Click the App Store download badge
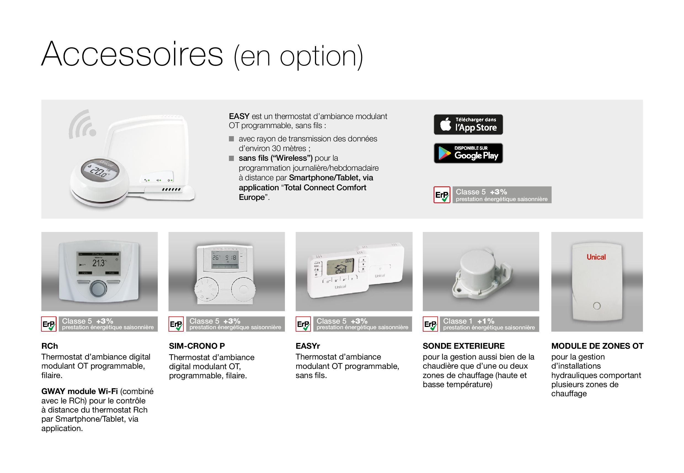click(468, 125)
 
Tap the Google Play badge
click(468, 153)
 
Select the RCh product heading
click(50, 346)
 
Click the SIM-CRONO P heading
click(197, 346)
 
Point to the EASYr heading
click(308, 346)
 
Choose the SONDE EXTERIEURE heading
click(464, 346)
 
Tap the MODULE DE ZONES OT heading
click(597, 346)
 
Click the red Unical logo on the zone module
click(596, 257)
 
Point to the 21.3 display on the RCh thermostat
click(98, 263)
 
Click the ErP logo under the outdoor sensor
click(430, 324)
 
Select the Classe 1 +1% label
click(469, 321)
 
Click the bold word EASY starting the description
click(239, 116)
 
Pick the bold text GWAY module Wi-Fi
click(80, 392)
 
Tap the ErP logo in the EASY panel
click(442, 195)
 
